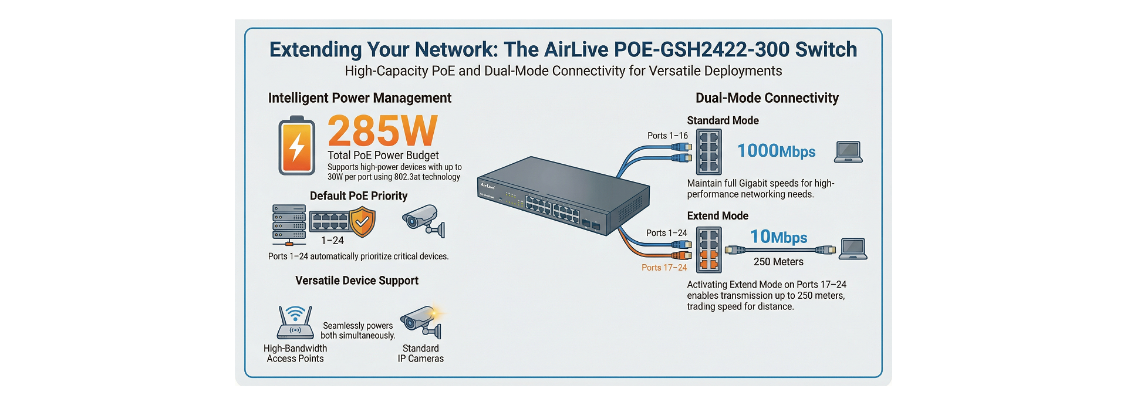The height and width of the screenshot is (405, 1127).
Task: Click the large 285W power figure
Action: coord(382,131)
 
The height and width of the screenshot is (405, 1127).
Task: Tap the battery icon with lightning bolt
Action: coord(296,146)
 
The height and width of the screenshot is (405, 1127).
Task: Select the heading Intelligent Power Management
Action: coord(359,98)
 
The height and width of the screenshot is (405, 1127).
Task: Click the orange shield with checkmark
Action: coord(362,222)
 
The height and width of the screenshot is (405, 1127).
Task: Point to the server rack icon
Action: coord(289,224)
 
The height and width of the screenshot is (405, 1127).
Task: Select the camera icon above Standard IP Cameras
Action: coord(421,322)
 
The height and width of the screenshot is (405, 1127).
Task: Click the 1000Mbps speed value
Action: coord(776,151)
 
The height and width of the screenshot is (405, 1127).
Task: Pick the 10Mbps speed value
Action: coord(778,237)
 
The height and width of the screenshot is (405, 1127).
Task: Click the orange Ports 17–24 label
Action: coord(664,268)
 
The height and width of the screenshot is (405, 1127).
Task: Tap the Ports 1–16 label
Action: coord(667,136)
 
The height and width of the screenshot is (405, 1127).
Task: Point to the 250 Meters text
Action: coord(778,262)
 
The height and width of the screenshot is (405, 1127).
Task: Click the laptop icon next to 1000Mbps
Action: coord(848,152)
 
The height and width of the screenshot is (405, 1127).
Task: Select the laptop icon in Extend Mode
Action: coord(853,249)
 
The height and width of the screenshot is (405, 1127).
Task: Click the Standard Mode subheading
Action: coord(723,120)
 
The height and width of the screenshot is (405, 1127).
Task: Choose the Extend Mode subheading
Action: coord(717,216)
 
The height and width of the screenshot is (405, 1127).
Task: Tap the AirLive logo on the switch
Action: coord(488,185)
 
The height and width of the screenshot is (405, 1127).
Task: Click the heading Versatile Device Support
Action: coord(357,281)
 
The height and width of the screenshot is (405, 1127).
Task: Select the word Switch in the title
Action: coord(826,49)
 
